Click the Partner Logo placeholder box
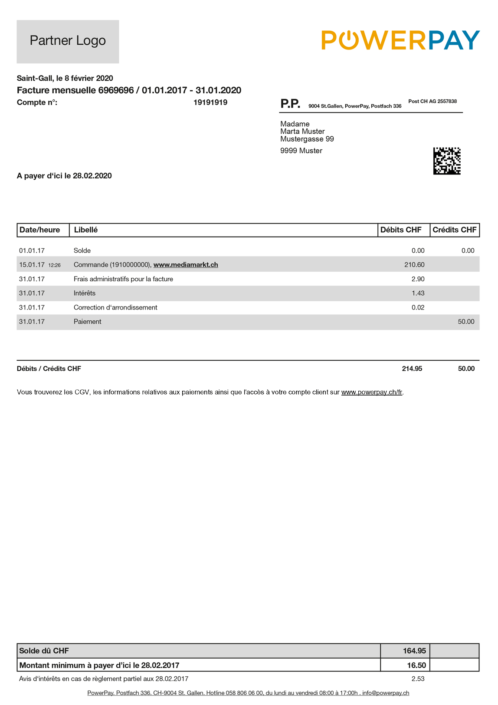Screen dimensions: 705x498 tap(68, 41)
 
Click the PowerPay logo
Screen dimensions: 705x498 tap(400, 40)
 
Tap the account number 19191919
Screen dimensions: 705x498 tap(210, 102)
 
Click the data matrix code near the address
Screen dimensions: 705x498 tap(447, 161)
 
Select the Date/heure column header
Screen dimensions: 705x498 tap(40, 230)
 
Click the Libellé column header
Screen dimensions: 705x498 tap(86, 230)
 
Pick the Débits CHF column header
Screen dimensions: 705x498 tap(401, 230)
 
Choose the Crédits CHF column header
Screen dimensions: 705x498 tap(454, 230)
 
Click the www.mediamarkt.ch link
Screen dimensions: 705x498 tap(186, 265)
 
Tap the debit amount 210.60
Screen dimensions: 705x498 tap(414, 265)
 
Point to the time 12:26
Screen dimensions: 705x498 tap(54, 265)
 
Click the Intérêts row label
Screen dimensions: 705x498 tap(85, 293)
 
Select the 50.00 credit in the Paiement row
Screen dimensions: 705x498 tap(466, 322)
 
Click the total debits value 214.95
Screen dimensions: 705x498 tap(412, 369)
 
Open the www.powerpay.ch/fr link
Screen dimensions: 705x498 tap(372, 392)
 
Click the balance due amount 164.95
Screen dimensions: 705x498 tap(414, 651)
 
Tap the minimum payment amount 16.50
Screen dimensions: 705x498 tap(416, 665)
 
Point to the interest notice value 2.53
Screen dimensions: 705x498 tap(418, 679)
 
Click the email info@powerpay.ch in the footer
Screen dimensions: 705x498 tap(386, 693)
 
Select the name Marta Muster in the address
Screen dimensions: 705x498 tap(302, 132)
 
